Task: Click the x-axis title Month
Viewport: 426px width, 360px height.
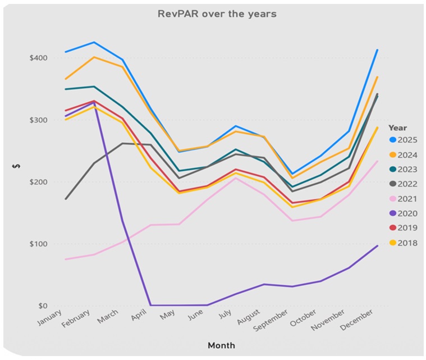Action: [x=221, y=345]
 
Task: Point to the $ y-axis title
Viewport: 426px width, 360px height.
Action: [x=16, y=167]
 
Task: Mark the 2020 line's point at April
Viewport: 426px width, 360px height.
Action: [x=151, y=305]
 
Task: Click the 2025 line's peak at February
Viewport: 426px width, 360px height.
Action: [x=94, y=42]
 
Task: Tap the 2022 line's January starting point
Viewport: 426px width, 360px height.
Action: [x=66, y=199]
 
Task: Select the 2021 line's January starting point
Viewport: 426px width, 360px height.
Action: [x=66, y=259]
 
